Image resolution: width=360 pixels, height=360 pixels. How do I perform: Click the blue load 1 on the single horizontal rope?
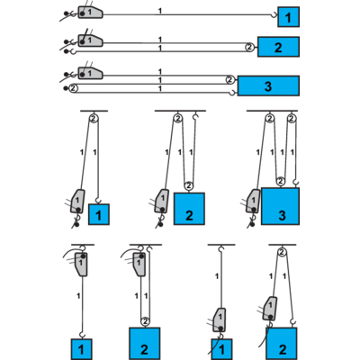click(288, 17)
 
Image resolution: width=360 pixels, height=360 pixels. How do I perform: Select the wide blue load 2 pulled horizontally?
click(278, 47)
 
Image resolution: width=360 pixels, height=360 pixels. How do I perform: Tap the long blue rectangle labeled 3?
click(268, 85)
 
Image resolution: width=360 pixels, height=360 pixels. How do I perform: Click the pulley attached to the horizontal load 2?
click(249, 47)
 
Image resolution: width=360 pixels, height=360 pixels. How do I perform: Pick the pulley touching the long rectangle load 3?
click(229, 80)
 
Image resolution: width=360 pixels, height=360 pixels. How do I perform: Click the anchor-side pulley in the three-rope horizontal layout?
click(74, 88)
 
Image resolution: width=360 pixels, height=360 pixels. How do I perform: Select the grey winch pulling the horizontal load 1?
click(90, 13)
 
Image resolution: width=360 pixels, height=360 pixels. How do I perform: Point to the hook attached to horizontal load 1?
click(274, 14)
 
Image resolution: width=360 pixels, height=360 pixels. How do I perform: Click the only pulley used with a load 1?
click(94, 118)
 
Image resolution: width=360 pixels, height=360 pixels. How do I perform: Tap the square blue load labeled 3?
click(280, 206)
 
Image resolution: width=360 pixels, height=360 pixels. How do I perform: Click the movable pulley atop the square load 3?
click(281, 181)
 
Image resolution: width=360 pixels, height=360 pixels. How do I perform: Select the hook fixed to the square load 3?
click(296, 183)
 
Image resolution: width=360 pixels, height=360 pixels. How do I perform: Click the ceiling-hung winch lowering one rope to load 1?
click(81, 264)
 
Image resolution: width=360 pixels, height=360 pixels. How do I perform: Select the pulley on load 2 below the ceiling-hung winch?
click(145, 321)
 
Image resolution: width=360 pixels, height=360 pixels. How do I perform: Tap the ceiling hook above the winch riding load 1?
click(221, 249)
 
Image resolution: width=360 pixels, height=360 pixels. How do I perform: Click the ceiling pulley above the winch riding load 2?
click(282, 253)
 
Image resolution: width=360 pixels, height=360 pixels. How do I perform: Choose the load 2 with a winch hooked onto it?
click(281, 344)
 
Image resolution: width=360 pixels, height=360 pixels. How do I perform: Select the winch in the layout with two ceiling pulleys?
click(253, 201)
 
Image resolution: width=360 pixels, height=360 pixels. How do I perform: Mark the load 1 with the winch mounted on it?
click(221, 349)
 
